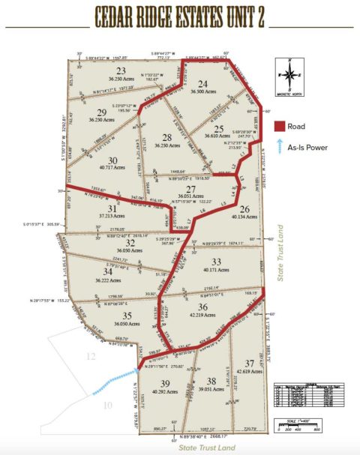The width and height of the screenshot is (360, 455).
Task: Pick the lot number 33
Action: [x=217, y=261]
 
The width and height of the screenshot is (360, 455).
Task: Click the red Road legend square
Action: [x=280, y=126]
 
